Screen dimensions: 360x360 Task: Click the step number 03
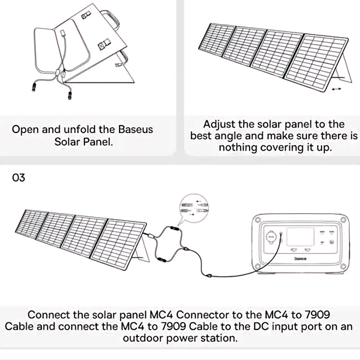[19, 178]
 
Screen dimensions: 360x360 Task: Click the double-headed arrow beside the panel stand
[336, 90]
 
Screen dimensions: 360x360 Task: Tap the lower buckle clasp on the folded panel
[105, 45]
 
